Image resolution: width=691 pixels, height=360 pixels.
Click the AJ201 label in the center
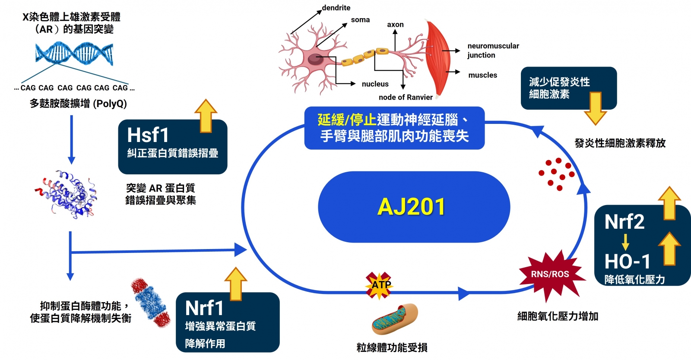point(411,207)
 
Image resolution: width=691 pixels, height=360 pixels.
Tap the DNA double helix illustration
point(74,54)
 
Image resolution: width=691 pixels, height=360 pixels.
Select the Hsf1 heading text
point(148,135)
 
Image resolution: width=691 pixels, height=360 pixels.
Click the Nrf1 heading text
point(204,308)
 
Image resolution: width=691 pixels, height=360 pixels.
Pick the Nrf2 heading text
point(624,222)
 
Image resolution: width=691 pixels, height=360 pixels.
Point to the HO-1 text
point(627,261)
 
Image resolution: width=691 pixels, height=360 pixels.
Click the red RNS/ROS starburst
point(550,275)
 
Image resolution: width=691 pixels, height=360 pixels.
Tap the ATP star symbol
point(379,285)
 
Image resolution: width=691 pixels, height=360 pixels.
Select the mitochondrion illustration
point(394,320)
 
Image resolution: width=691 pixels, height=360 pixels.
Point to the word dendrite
point(336,8)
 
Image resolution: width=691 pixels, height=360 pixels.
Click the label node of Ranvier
point(406,98)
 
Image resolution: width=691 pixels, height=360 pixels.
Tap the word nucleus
point(375,84)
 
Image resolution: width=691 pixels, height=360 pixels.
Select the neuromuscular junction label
point(493,51)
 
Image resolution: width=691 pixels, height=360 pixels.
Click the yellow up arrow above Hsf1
point(206,115)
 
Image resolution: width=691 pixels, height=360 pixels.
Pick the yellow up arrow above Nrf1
point(236,283)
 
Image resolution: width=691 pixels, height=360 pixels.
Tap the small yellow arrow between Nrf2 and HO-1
point(625,242)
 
